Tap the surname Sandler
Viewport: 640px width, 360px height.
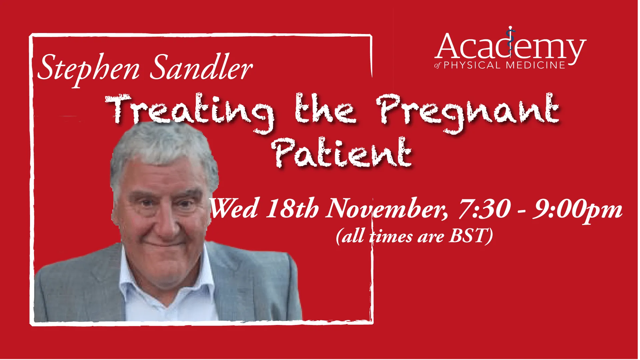pos(201,67)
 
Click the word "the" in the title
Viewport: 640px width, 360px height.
pos(325,109)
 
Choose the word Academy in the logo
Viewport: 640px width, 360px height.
pos(510,47)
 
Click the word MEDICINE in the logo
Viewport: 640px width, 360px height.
pos(535,65)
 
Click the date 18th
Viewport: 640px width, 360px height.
pos(292,208)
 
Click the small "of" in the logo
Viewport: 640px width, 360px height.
pos(437,65)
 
